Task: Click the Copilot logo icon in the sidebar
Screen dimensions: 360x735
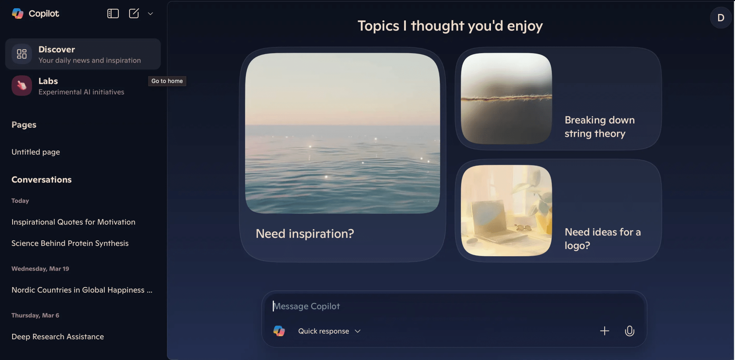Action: (18, 14)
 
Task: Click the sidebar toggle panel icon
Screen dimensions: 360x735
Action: (113, 14)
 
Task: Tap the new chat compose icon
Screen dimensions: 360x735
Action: (134, 14)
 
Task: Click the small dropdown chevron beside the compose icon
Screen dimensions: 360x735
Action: (150, 14)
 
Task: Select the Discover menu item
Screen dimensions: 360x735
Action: (83, 54)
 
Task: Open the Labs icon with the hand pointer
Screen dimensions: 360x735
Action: (22, 86)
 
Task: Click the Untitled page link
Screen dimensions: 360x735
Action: (36, 152)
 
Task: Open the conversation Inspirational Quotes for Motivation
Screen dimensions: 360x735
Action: (73, 222)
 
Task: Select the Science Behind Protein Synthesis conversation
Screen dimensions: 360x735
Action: (70, 243)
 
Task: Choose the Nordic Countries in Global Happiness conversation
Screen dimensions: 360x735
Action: (82, 290)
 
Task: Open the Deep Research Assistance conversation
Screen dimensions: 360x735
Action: (58, 336)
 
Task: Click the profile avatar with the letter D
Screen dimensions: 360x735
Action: (720, 18)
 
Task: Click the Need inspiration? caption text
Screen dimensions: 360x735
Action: (305, 234)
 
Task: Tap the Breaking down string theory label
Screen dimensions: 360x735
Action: (599, 127)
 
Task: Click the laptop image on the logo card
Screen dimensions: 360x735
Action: (506, 211)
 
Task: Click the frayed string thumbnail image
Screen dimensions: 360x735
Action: (506, 98)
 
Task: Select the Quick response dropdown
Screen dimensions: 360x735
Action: (329, 331)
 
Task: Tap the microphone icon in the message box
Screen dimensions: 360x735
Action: (629, 331)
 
